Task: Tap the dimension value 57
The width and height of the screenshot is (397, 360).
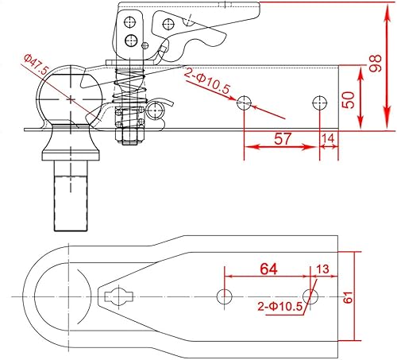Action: tap(281, 138)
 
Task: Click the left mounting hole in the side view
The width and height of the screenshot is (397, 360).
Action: tap(245, 103)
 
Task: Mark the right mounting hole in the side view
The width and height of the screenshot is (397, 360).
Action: tap(319, 103)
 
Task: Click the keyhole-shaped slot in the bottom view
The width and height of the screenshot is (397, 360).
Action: tap(119, 298)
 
